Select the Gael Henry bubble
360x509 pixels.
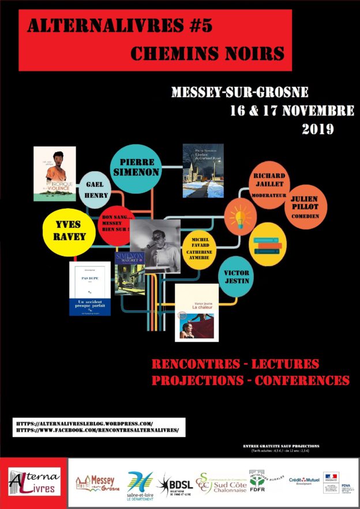pyautogui.click(x=97, y=189)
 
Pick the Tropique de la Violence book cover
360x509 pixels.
pyautogui.click(x=55, y=174)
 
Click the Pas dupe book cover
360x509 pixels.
pyautogui.click(x=89, y=288)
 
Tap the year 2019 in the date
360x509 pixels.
pyautogui.click(x=318, y=129)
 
